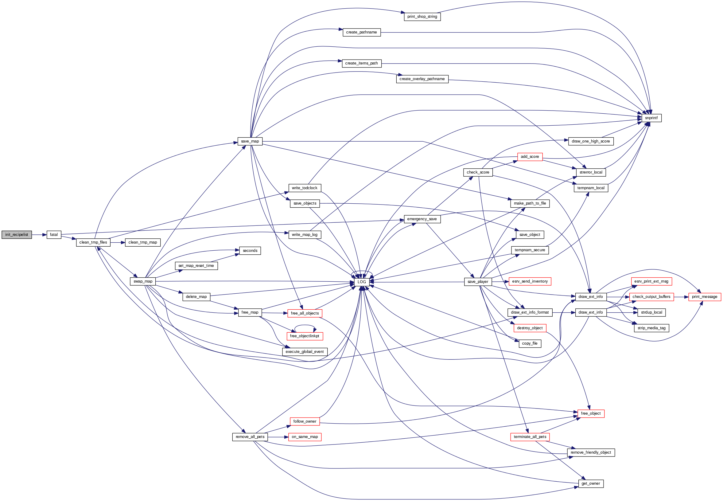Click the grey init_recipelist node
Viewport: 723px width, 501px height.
click(17, 234)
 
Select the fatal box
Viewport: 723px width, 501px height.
click(54, 234)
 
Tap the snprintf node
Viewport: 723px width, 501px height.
click(651, 118)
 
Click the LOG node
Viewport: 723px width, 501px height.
click(362, 282)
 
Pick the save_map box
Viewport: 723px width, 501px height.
click(250, 141)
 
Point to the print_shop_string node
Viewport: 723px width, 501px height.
click(422, 17)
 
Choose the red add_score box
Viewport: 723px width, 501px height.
click(530, 157)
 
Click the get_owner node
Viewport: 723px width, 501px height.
click(591, 483)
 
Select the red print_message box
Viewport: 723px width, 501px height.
click(705, 297)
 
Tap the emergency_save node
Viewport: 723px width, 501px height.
click(422, 219)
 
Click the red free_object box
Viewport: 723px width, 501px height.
click(591, 413)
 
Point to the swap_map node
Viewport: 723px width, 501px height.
click(143, 281)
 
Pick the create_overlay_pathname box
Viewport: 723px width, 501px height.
click(422, 79)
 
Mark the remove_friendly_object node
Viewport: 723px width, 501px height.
click(591, 452)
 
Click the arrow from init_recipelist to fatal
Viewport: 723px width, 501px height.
click(39, 234)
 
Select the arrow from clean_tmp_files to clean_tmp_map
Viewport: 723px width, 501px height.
click(118, 242)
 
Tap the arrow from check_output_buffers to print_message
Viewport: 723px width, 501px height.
click(681, 297)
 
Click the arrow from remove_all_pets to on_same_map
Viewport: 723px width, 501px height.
click(278, 437)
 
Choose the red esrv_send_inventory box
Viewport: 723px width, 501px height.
click(530, 281)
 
